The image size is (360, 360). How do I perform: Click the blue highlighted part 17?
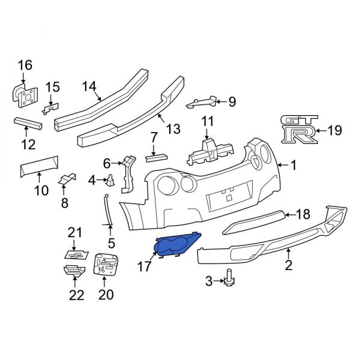[x=176, y=246]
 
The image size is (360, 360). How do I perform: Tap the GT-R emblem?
[x=299, y=128]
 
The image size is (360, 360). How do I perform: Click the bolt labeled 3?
[x=229, y=278]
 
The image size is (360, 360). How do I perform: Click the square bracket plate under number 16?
[x=25, y=94]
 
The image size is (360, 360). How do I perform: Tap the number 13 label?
[x=173, y=128]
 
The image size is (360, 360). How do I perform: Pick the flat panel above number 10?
[x=39, y=164]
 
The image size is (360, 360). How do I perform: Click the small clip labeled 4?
[x=111, y=179]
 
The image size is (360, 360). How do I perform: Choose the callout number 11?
[x=207, y=121]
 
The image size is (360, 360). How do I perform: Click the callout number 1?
[x=293, y=165]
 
